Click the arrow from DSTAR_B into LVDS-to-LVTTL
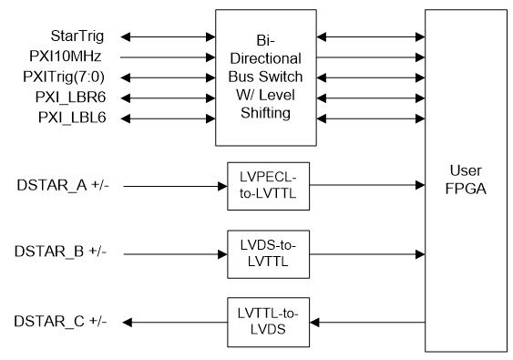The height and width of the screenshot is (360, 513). [x=173, y=250]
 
